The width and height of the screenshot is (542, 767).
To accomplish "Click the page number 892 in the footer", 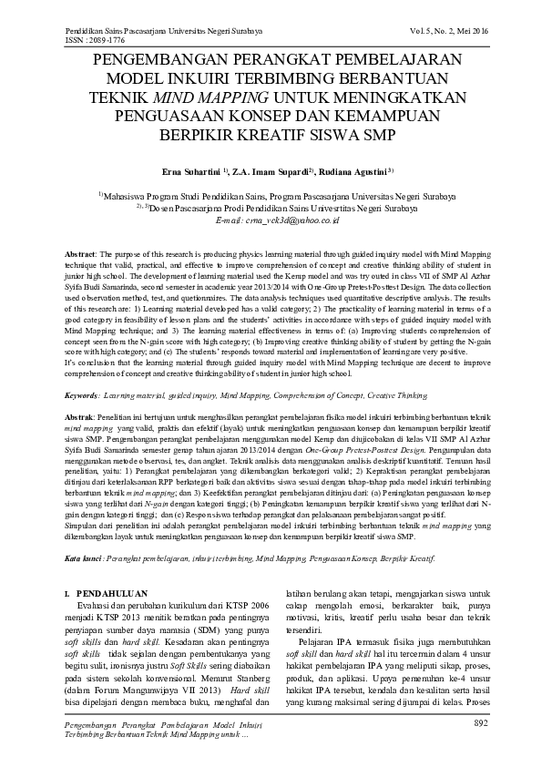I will pos(482,723).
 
